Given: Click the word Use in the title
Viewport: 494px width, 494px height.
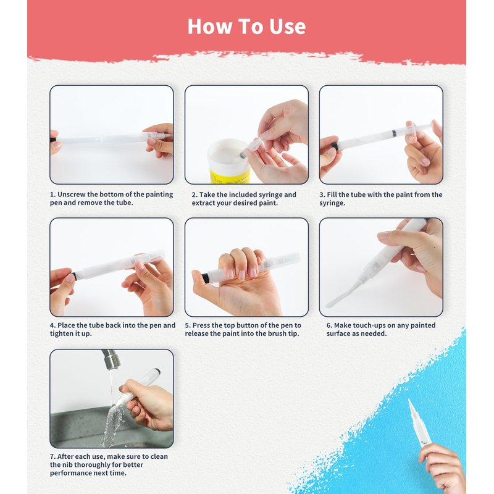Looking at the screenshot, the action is (287, 27).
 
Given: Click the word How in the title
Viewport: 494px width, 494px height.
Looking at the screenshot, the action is (209, 26).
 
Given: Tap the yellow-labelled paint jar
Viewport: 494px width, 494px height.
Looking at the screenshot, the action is (229, 162).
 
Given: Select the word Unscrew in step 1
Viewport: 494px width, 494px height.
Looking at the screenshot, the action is (72, 195).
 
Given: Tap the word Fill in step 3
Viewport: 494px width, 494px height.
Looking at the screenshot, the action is (332, 195).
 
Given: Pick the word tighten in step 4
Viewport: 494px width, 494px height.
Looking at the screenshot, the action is (61, 333).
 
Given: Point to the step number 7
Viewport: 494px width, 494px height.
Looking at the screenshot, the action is (53, 456).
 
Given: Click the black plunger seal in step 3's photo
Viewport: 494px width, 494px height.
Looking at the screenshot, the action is (394, 133).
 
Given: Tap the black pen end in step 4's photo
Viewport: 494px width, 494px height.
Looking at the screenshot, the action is (75, 275).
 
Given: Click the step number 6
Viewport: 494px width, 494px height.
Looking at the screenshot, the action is (329, 325).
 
